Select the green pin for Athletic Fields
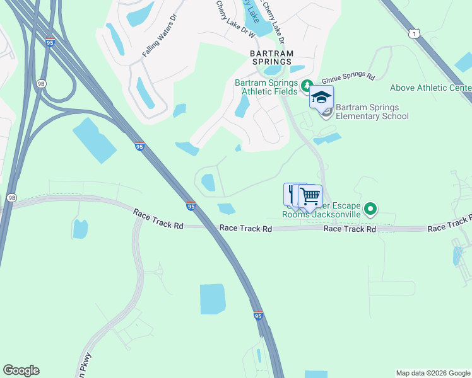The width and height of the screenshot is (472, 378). tap(307, 85)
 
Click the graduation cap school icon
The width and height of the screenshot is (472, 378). tap(321, 98)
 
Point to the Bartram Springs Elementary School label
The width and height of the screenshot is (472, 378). tap(372, 112)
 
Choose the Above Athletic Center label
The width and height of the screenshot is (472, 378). tap(430, 88)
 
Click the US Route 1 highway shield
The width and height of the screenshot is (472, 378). tap(413, 33)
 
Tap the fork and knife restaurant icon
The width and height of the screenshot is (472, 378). tap(293, 192)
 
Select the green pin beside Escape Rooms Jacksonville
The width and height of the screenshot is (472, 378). tap(370, 209)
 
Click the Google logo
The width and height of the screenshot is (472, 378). tap(21, 370)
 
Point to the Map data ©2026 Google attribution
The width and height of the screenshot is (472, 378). tap(433, 373)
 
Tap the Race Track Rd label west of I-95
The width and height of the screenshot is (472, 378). tap(158, 220)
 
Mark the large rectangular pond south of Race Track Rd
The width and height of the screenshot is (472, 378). tap(213, 299)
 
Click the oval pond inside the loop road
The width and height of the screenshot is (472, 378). tap(208, 183)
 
